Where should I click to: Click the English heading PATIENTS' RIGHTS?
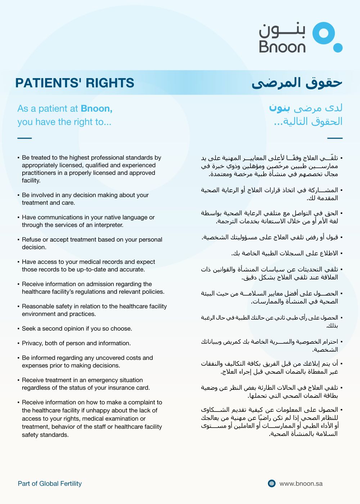coord(75,83)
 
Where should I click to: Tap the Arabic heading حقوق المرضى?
coord(297,83)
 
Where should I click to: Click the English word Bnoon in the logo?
coord(282,47)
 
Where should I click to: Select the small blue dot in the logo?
coord(338,48)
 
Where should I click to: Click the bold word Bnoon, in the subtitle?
coord(96,108)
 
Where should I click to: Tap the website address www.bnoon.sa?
coord(301,483)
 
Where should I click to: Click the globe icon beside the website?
coord(272,483)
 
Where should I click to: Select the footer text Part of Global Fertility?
coord(50,483)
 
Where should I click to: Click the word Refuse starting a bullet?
coord(31,240)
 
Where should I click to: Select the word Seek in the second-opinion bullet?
coord(28,329)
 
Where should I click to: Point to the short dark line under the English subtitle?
coord(24,138)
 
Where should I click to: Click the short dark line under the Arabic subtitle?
coord(335,138)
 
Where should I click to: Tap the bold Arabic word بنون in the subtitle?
coord(279,108)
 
